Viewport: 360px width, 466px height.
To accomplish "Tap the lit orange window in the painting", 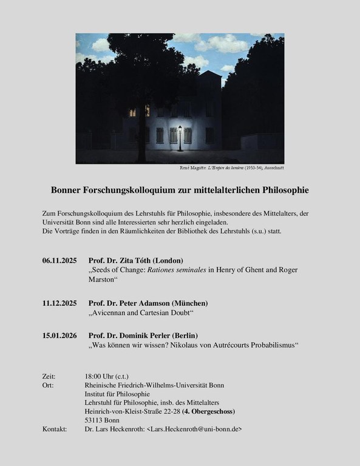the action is (x=132, y=112).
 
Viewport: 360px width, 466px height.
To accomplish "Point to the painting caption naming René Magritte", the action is (x=233, y=167).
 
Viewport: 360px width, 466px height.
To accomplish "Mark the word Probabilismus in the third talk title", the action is (x=268, y=345).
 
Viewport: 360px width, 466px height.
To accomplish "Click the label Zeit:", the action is (x=49, y=376).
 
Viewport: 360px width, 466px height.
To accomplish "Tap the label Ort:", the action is (x=48, y=385).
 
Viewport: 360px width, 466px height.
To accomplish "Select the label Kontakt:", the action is (x=54, y=429).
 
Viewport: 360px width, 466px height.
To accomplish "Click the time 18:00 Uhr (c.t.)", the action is (x=107, y=376).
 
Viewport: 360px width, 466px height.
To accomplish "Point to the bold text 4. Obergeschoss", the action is (x=209, y=411).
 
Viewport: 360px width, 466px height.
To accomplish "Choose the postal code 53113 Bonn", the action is (x=103, y=420).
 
